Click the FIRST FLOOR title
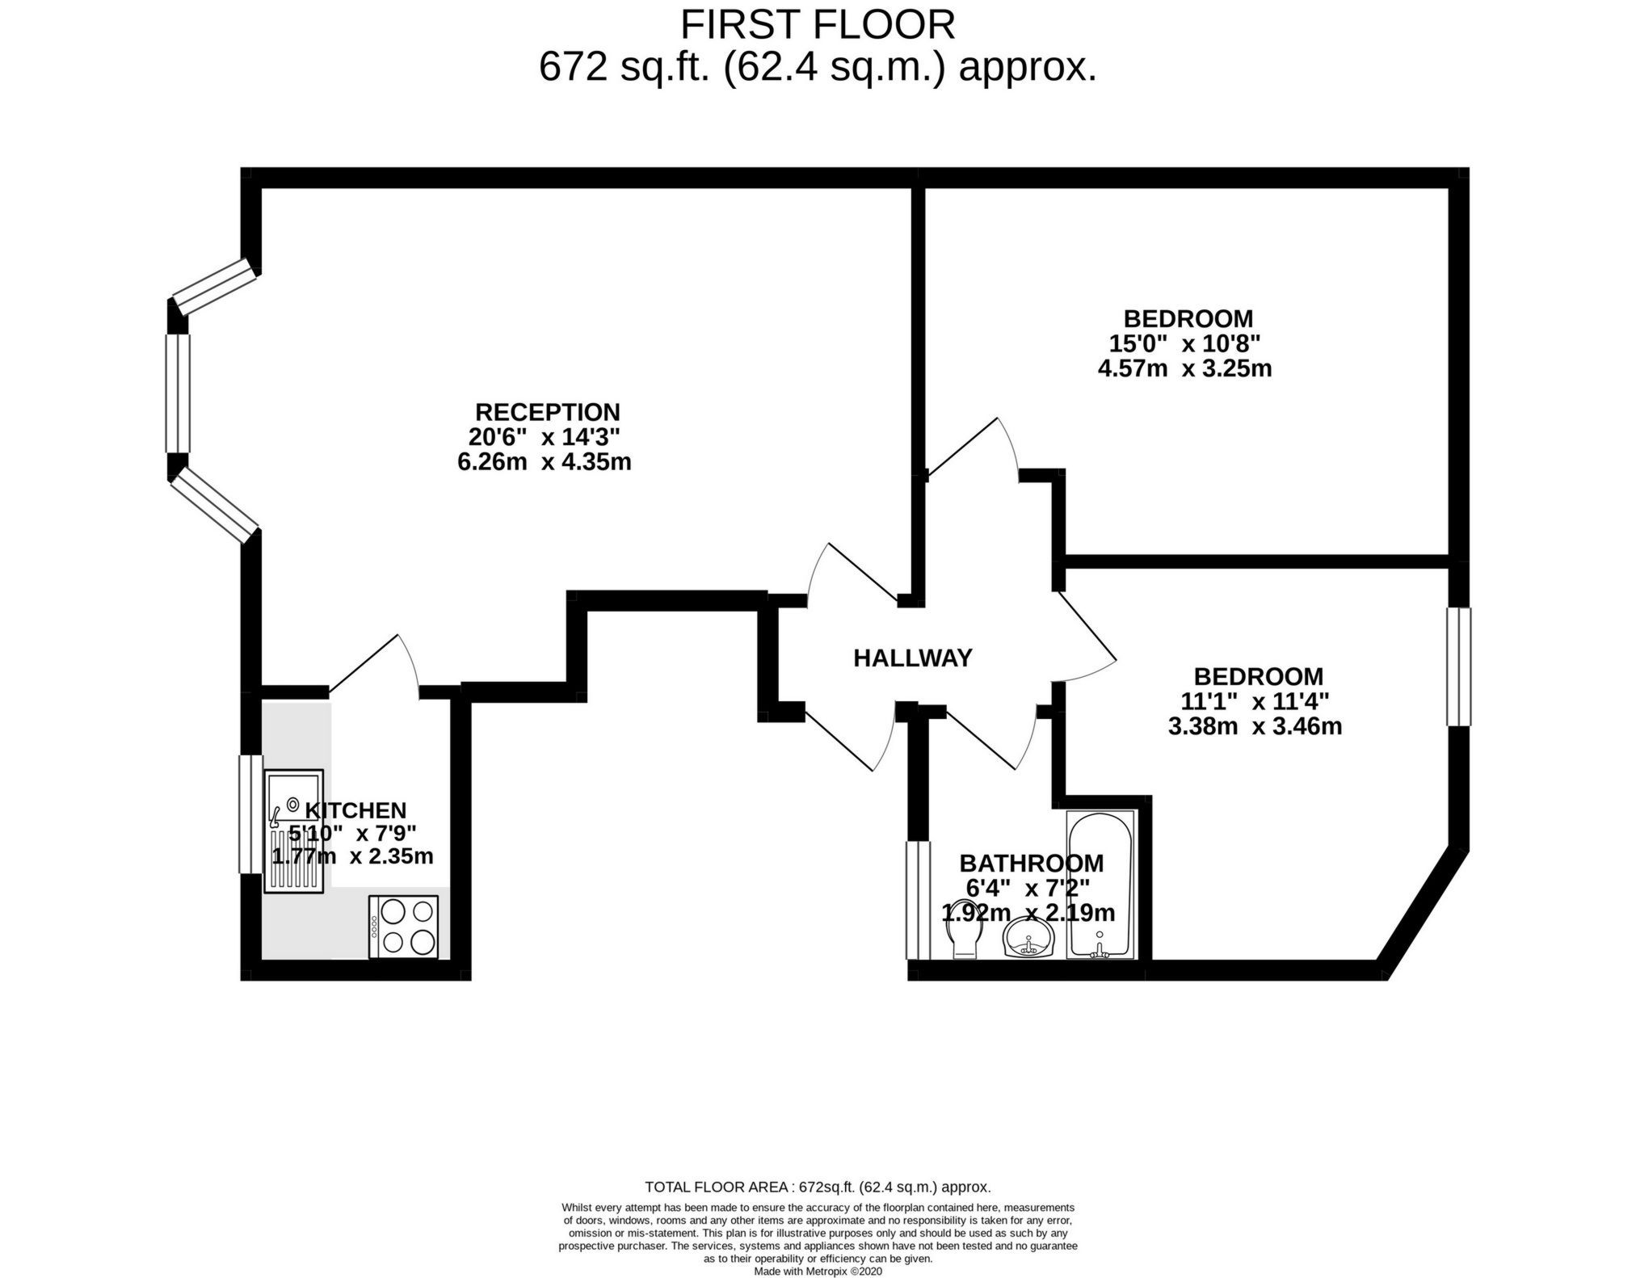(818, 24)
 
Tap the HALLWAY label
(913, 658)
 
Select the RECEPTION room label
(547, 412)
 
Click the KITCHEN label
(355, 810)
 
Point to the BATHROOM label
(1031, 863)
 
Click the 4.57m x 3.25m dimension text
(1184, 369)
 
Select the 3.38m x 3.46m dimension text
(1255, 726)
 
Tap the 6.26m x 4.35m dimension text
(544, 462)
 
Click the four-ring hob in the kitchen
(403, 927)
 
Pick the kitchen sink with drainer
(294, 830)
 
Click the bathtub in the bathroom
(1100, 885)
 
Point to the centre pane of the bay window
(178, 393)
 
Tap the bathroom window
(918, 899)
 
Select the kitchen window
(251, 813)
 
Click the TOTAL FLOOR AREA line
(818, 1187)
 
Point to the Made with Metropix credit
(818, 1271)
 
